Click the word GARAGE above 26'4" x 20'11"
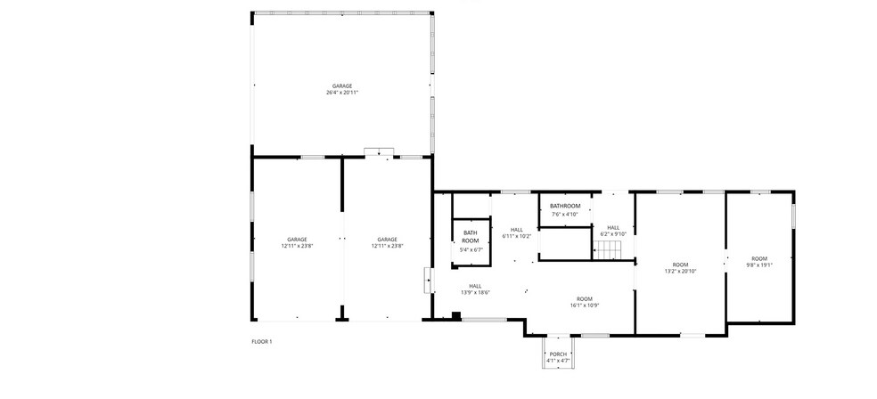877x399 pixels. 342,85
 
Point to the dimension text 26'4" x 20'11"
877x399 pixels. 342,93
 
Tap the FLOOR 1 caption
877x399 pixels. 261,341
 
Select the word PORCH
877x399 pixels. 558,354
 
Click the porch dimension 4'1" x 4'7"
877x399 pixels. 558,361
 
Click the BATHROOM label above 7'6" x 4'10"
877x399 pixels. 565,207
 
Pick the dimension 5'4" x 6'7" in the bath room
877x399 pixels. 471,250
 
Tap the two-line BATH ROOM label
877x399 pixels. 470,238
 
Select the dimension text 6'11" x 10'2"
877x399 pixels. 516,236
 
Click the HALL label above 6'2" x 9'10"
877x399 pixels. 613,226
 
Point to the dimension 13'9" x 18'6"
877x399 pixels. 475,292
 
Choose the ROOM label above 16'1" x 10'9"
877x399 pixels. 585,298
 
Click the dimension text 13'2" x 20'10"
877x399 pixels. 680,271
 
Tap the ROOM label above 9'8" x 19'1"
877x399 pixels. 759,258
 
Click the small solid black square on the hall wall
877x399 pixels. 457,314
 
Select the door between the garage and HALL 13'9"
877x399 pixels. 429,281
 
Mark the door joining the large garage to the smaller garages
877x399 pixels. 379,152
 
